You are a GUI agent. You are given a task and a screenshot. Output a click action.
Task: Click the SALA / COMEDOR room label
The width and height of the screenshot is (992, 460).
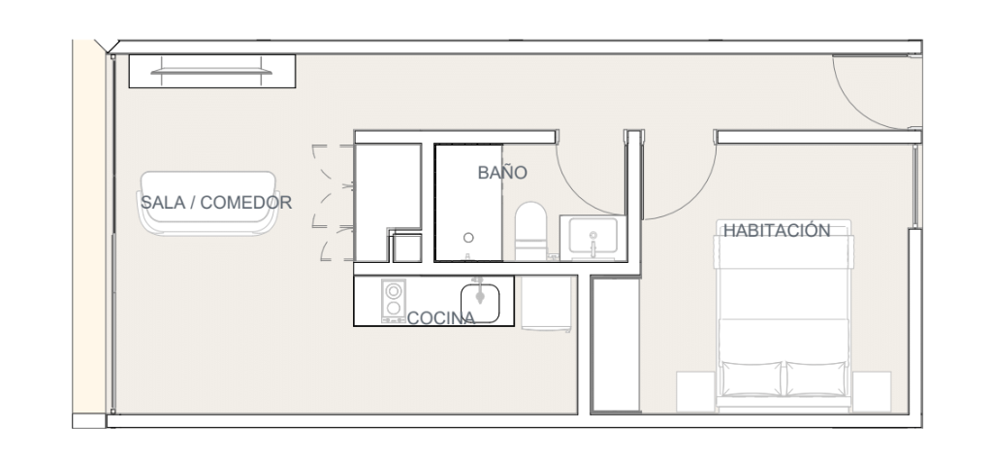(x=215, y=203)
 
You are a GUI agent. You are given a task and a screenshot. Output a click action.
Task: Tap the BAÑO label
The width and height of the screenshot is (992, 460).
(x=502, y=172)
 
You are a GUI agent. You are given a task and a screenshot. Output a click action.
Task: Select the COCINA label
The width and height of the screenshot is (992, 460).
(x=441, y=318)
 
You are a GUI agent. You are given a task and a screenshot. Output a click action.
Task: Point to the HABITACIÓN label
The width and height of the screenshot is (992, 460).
(x=777, y=230)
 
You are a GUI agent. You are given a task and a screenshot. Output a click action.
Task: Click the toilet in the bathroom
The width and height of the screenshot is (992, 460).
(x=530, y=231)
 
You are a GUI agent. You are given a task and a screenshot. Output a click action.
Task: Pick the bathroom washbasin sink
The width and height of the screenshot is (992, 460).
(x=592, y=237)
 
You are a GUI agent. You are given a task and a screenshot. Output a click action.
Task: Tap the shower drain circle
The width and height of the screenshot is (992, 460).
(x=468, y=238)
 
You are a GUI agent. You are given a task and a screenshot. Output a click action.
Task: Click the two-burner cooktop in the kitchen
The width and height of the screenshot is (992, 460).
(x=394, y=301)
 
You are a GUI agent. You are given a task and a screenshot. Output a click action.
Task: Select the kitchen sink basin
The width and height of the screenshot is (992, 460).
(x=480, y=303)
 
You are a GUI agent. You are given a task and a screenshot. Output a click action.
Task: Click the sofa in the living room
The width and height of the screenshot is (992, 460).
(x=208, y=203)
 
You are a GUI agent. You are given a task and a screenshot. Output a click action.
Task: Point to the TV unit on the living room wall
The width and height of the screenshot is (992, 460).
(x=212, y=71)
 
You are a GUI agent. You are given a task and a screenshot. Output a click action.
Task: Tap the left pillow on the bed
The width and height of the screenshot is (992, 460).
(x=752, y=378)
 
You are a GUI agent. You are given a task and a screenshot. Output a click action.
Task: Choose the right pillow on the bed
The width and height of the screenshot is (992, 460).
(x=816, y=378)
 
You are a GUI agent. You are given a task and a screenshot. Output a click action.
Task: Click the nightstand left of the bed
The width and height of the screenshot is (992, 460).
(x=695, y=392)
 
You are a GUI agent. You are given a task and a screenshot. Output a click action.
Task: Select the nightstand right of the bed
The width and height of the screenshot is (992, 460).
(x=871, y=392)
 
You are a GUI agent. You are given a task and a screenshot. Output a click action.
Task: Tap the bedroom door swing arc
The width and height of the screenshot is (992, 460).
(x=696, y=197)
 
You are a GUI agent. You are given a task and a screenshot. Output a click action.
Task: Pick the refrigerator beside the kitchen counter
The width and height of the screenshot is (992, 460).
(x=548, y=303)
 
